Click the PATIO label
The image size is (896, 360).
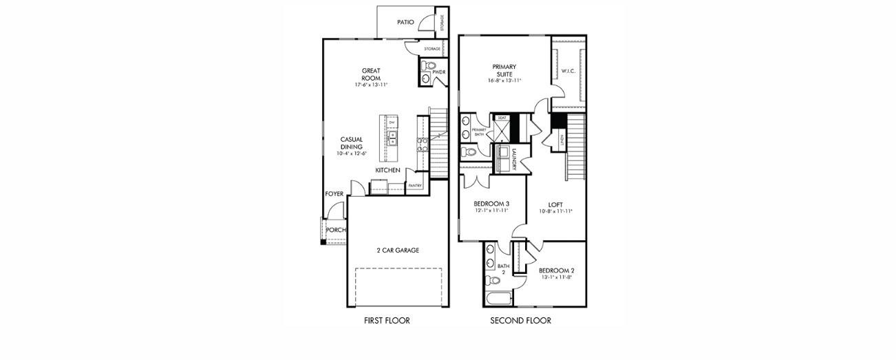[405, 22]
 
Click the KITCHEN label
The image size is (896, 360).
[387, 170]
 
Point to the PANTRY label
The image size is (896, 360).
[415, 185]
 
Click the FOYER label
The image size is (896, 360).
[334, 194]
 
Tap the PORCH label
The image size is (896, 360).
[335, 230]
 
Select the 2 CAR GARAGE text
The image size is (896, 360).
[397, 251]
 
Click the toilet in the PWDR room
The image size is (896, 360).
[434, 67]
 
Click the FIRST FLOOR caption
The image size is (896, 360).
[387, 321]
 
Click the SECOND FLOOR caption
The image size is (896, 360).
[520, 321]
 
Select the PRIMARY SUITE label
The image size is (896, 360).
[504, 70]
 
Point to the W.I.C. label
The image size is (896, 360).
[568, 70]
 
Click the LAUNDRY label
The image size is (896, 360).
[513, 160]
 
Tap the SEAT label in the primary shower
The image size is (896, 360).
[502, 118]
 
